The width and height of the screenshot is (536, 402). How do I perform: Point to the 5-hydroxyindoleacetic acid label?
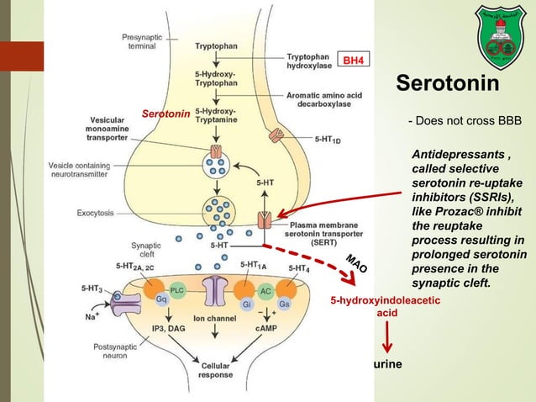(386, 305)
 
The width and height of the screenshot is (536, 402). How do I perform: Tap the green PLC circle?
(176, 289)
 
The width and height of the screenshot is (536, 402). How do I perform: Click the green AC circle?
(265, 290)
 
